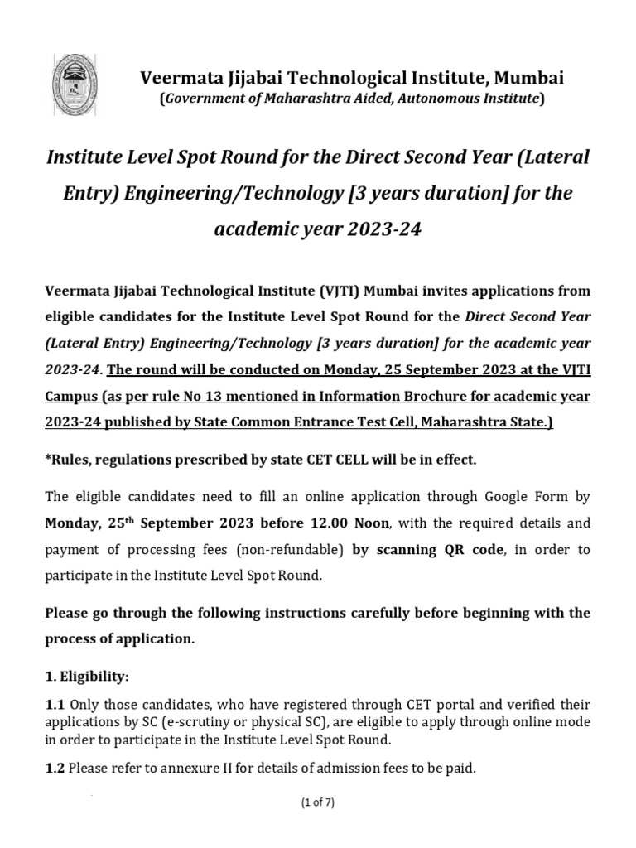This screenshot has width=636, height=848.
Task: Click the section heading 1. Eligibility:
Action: pyautogui.click(x=87, y=677)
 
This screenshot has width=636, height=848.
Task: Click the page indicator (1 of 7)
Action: pyautogui.click(x=318, y=802)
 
